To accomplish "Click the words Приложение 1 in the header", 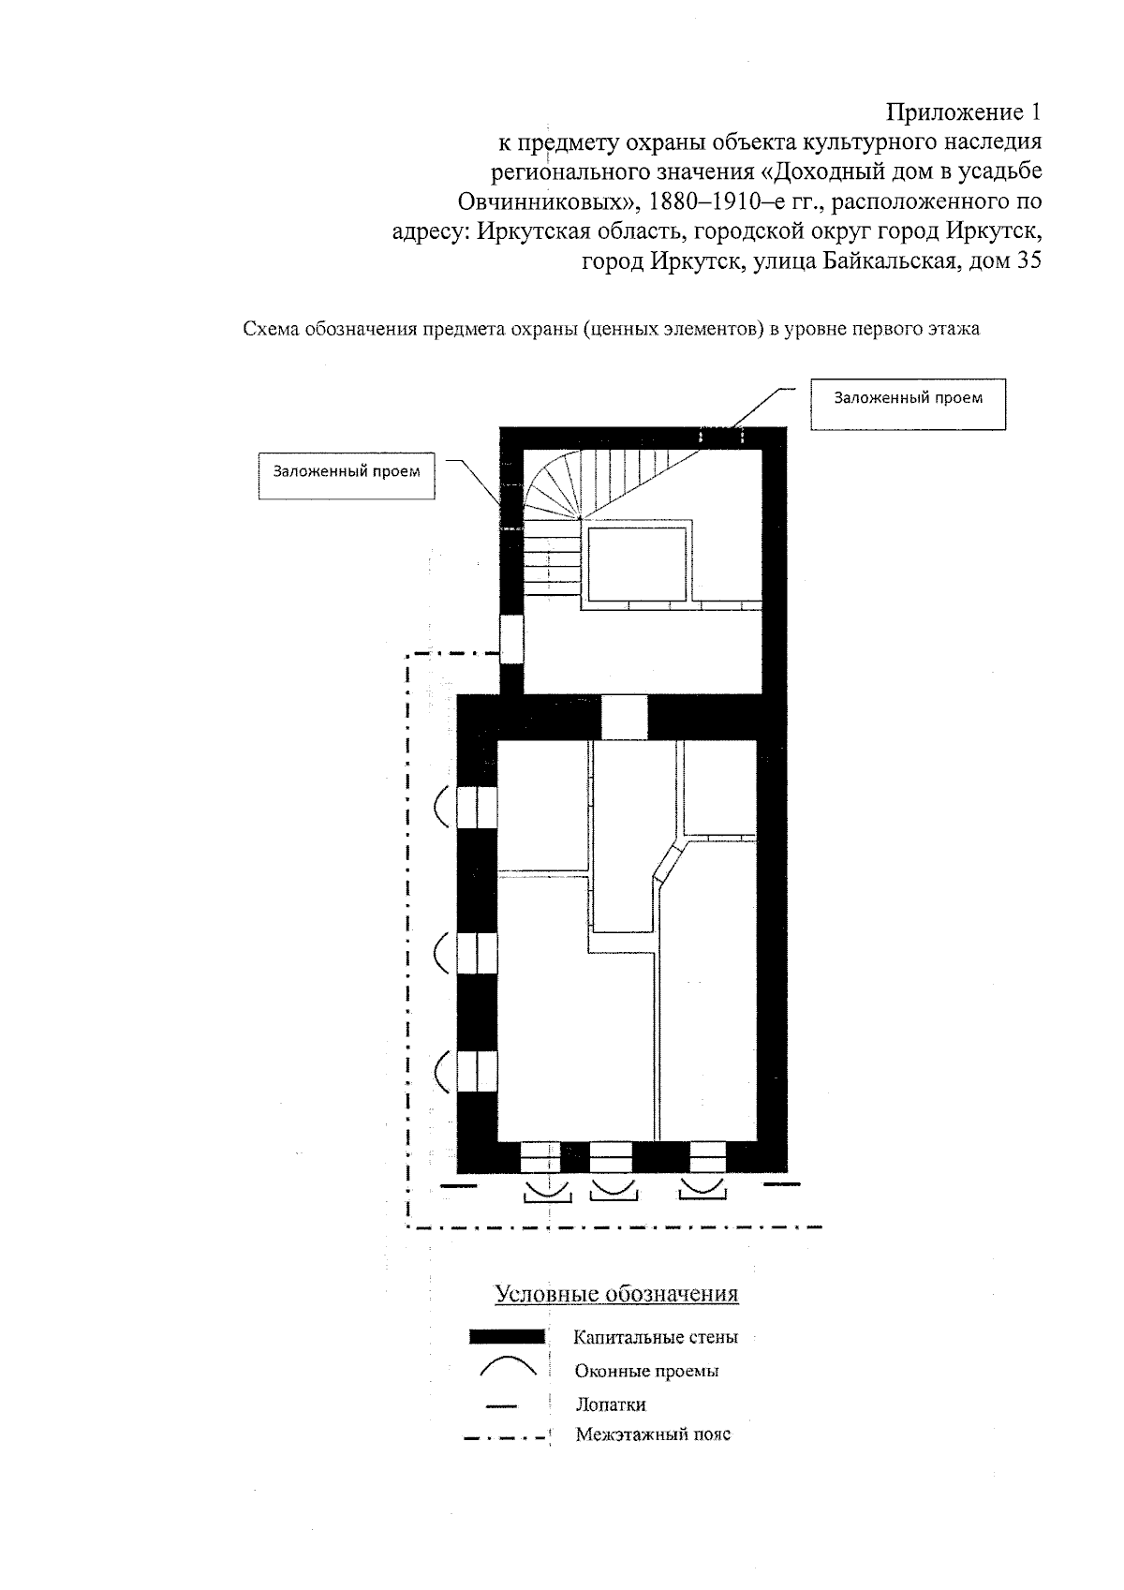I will [964, 112].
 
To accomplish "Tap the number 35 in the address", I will [1028, 261].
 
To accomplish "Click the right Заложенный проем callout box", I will [908, 404].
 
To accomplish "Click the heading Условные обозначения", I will [616, 1294].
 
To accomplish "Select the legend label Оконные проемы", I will [647, 1372].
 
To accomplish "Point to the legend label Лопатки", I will [611, 1404].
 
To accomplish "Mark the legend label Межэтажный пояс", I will [653, 1434].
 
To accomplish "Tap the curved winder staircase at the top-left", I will [554, 487].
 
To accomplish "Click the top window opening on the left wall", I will [476, 807].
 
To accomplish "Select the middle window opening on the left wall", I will [476, 954].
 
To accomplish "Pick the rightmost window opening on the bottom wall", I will [707, 1158].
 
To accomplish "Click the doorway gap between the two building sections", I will [624, 717].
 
